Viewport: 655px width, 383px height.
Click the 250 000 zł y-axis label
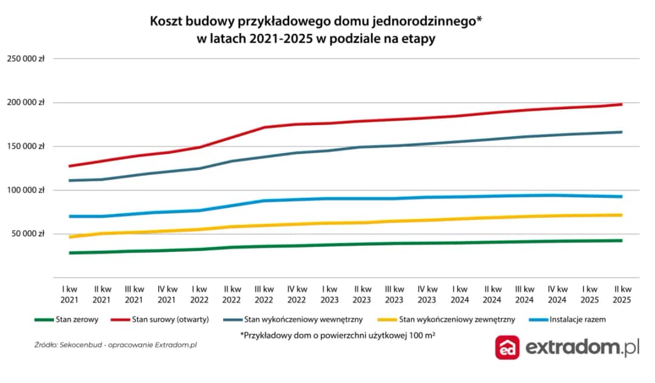coord(25,59)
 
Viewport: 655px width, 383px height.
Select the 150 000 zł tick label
coord(25,146)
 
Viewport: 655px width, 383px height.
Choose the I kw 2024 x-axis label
coord(460,294)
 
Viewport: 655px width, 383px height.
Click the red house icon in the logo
coord(507,348)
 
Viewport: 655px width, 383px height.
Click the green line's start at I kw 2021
coord(70,253)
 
